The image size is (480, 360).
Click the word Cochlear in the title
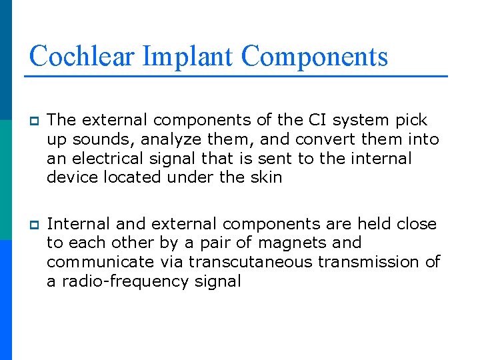coord(83,56)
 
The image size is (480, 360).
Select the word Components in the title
coord(315,56)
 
